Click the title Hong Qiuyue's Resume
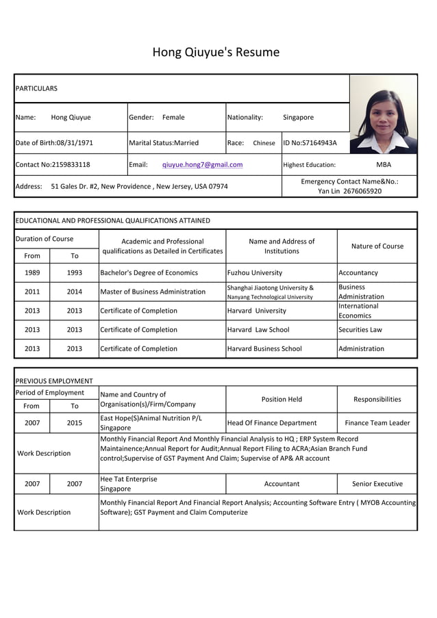pyautogui.click(x=216, y=52)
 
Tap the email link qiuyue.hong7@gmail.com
pyautogui.click(x=202, y=164)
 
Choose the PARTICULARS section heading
pyautogui.click(x=36, y=88)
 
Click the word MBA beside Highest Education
pyautogui.click(x=384, y=164)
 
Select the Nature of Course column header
pyautogui.click(x=377, y=246)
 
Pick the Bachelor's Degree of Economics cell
pyautogui.click(x=149, y=272)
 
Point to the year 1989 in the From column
pyautogui.click(x=32, y=272)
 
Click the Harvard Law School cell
pyautogui.click(x=258, y=329)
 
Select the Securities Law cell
pyautogui.click(x=360, y=329)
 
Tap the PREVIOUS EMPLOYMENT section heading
pyautogui.click(x=54, y=381)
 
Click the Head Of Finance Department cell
pyautogui.click(x=272, y=423)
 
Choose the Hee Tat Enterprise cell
pyautogui.click(x=129, y=479)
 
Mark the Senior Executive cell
pyautogui.click(x=377, y=484)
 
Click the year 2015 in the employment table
pyautogui.click(x=74, y=423)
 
